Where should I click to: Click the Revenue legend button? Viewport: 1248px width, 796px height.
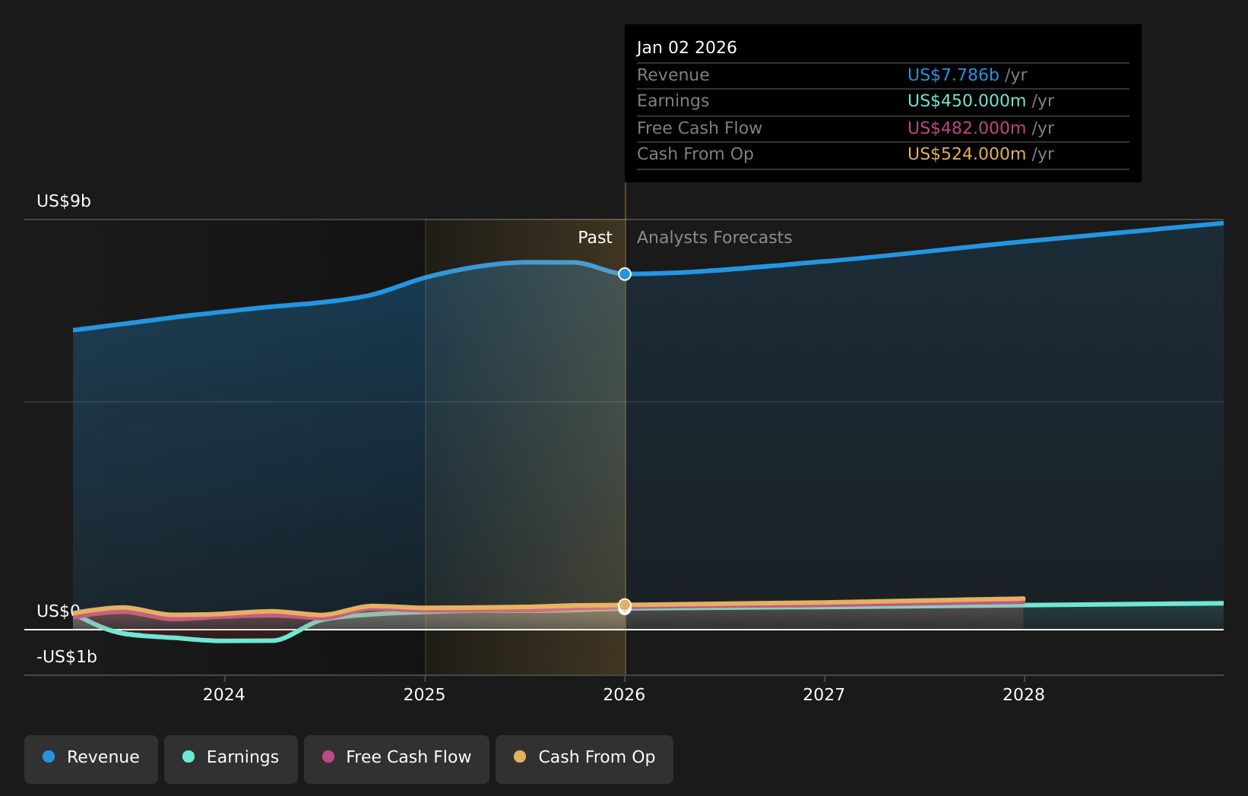(x=91, y=758)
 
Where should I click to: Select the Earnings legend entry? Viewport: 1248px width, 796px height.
(x=231, y=758)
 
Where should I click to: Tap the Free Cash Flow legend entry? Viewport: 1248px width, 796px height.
(x=397, y=758)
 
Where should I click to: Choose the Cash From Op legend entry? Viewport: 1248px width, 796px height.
(x=584, y=758)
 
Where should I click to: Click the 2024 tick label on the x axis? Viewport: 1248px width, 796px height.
(x=223, y=695)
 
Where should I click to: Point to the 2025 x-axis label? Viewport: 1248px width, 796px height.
(x=424, y=695)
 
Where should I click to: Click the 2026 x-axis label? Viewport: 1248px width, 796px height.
(x=624, y=695)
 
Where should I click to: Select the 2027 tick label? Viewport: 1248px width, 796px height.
(x=824, y=695)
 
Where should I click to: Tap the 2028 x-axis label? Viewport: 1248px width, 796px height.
(x=1024, y=695)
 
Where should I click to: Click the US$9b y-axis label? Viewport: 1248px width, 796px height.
(x=64, y=201)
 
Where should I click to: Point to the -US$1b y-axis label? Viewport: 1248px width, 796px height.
(x=67, y=657)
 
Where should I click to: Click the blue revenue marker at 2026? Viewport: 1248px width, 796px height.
(x=625, y=274)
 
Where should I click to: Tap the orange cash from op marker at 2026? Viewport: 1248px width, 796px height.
(x=625, y=605)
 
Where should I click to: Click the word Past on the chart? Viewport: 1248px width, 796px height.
(x=594, y=238)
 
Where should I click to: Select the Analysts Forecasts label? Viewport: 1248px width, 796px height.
(x=714, y=238)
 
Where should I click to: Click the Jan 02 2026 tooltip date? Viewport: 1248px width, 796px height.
(x=686, y=48)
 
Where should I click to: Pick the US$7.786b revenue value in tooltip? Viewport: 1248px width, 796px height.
(x=953, y=75)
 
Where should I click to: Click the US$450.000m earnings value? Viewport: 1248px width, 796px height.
(x=966, y=101)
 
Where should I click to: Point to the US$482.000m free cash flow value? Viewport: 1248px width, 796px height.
(x=966, y=128)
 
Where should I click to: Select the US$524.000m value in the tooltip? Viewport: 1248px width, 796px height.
(x=966, y=154)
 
